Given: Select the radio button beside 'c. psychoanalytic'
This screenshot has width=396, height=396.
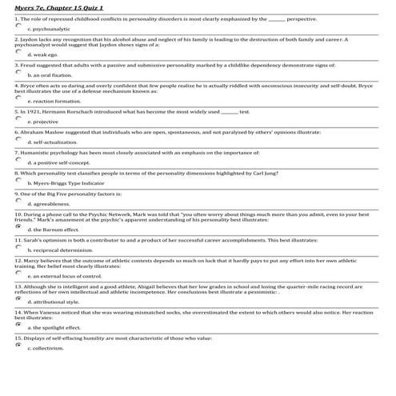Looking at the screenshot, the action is pos(18,26).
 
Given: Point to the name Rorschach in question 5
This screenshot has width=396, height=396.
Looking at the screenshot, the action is pos(84,112).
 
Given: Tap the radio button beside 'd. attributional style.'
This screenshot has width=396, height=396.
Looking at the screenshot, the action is pos(18,300).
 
